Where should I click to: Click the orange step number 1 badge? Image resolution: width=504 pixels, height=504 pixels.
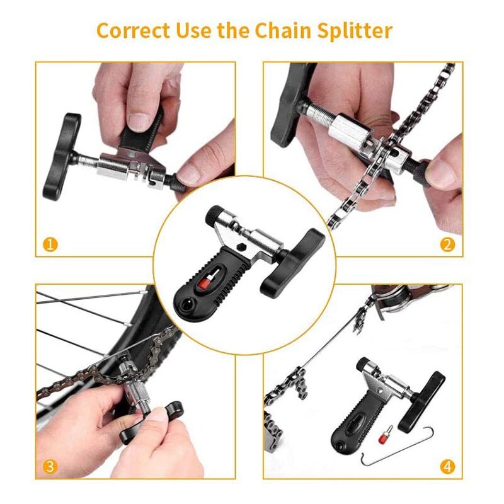[50, 244]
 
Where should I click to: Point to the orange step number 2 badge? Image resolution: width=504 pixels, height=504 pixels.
[447, 244]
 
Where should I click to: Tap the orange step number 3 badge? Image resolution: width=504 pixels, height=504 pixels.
[50, 467]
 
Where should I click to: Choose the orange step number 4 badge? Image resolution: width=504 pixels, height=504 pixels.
[447, 467]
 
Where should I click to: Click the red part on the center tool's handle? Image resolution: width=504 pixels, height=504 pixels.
[203, 287]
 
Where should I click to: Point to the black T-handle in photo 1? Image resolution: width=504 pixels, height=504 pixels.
[61, 154]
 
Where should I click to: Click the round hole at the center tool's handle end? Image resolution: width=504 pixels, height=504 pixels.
[187, 306]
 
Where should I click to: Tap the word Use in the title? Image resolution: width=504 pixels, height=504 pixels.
[192, 30]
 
